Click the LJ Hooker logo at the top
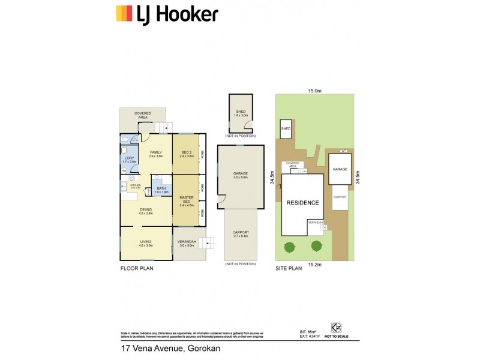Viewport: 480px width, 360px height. tap(166, 14)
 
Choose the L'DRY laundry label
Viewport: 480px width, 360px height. tap(130, 160)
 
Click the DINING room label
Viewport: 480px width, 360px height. tap(146, 211)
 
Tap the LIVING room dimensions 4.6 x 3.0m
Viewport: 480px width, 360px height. tap(146, 245)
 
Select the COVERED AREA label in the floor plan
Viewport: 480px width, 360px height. tap(142, 115)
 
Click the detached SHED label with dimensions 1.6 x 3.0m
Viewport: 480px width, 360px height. tap(241, 113)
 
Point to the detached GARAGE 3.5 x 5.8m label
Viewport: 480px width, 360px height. tap(241, 176)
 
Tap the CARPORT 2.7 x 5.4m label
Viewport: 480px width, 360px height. tap(241, 234)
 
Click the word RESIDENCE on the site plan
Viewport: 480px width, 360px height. tap(302, 203)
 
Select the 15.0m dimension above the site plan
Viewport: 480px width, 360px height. tap(315, 91)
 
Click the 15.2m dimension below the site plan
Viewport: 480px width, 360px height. tap(315, 264)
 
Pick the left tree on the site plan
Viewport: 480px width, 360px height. tap(290, 246)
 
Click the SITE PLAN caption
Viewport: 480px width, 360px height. tap(289, 269)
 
